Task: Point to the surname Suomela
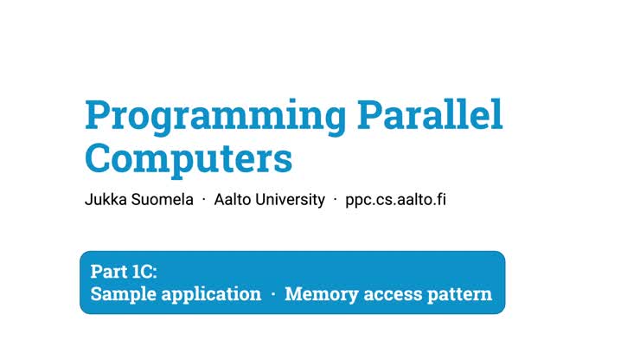pyautogui.click(x=161, y=200)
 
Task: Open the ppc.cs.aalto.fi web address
pyautogui.click(x=394, y=200)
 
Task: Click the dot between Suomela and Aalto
pyautogui.click(x=204, y=200)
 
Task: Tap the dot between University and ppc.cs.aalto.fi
pyautogui.click(x=335, y=200)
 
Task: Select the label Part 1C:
pyautogui.click(x=124, y=271)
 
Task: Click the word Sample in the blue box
pyautogui.click(x=121, y=294)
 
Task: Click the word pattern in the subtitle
pyautogui.click(x=460, y=294)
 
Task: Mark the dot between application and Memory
pyautogui.click(x=272, y=294)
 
